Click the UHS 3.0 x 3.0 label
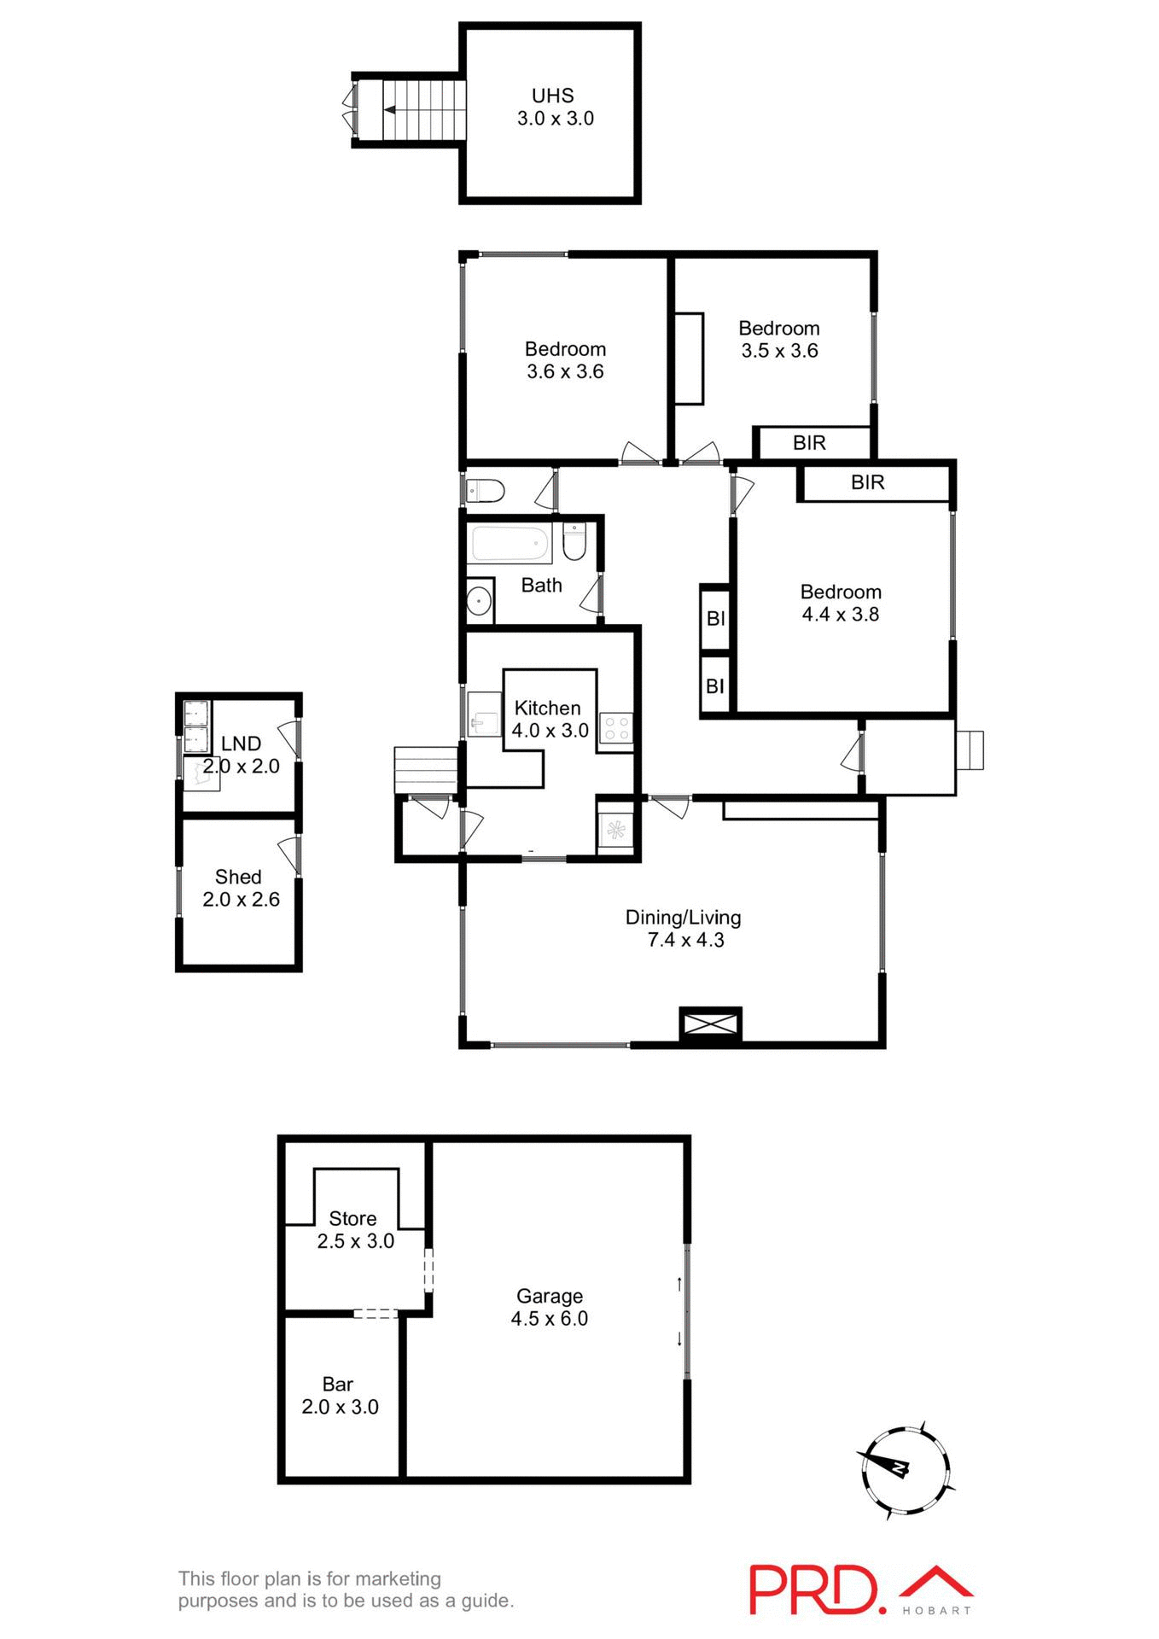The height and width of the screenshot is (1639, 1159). tap(555, 108)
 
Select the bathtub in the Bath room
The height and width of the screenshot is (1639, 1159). tap(510, 544)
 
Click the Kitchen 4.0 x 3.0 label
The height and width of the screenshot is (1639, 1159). tap(550, 719)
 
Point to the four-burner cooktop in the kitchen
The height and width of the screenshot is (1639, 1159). tap(616, 728)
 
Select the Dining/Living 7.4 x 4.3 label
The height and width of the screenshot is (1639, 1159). tap(684, 929)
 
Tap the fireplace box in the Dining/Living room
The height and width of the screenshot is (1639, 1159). tap(710, 1024)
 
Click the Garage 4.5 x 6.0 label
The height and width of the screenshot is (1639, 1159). tap(550, 1307)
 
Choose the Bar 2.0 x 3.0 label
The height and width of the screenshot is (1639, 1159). tap(339, 1395)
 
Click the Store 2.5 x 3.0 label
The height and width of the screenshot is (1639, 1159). tap(354, 1229)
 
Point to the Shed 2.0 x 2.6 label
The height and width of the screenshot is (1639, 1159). tap(240, 888)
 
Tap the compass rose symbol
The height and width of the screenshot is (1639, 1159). tap(904, 1469)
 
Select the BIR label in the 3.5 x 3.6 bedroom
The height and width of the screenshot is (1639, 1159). tap(809, 443)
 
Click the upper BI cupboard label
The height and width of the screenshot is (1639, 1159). tap(715, 618)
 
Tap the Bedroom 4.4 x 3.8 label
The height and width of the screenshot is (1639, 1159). tap(840, 603)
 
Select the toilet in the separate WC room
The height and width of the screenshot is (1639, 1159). tap(487, 492)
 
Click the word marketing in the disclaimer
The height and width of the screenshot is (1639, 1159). tap(399, 1578)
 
